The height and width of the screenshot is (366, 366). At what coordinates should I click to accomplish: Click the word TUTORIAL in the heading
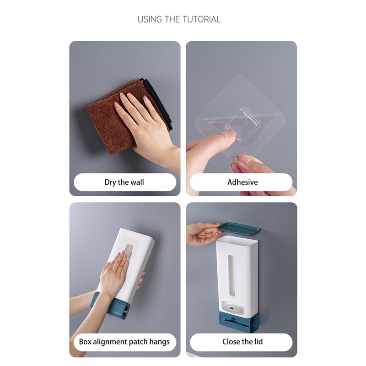coord(201,19)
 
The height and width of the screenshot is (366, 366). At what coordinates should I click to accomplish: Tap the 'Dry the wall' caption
coord(124,182)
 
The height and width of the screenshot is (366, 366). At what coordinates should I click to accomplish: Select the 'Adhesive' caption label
coord(242,182)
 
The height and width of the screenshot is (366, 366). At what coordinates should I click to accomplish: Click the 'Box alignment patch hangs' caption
coord(124,342)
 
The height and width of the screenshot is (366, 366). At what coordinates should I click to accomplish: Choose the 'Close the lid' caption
coord(242,342)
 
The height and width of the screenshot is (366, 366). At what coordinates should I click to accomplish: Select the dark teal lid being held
coord(240,227)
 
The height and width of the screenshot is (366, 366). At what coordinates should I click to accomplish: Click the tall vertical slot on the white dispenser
coord(231,276)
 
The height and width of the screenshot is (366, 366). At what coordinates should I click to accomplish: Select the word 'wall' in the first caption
coord(136,182)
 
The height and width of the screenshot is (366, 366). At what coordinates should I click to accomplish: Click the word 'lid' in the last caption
coord(258,342)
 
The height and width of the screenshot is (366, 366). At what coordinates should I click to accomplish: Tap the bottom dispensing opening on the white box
coord(232,307)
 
